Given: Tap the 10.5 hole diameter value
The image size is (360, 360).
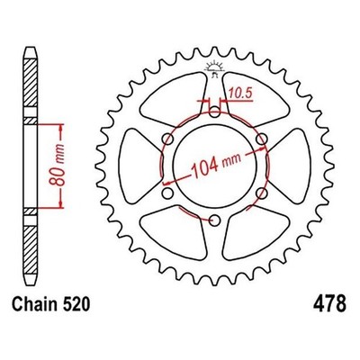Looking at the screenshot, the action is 240,94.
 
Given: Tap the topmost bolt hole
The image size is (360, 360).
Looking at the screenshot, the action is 214,112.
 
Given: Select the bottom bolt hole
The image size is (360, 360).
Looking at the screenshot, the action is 214,220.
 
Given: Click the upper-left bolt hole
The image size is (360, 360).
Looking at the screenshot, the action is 167,139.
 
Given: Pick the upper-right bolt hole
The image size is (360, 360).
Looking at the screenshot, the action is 262,139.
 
